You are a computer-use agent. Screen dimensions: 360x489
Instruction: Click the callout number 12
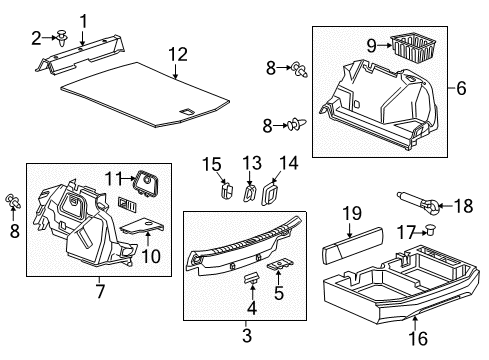tap(177, 53)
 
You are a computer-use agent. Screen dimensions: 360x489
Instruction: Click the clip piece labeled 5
tap(282, 265)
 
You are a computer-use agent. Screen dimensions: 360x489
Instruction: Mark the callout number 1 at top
tap(83, 19)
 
